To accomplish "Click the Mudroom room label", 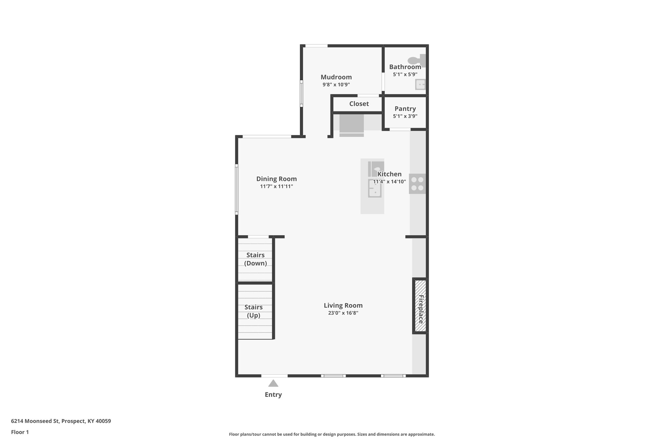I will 336,77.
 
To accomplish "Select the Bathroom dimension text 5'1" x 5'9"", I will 405,74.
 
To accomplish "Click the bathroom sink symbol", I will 420,85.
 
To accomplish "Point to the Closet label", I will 359,104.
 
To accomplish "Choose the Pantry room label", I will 405,109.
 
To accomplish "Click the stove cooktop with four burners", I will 417,184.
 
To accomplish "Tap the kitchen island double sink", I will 374,188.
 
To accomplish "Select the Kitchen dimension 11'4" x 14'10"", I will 389,182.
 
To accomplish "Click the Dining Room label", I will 277,179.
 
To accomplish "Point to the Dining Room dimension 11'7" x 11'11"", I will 277,187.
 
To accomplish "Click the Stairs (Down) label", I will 255,259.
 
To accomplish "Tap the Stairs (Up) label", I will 254,311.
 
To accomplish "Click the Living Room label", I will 343,305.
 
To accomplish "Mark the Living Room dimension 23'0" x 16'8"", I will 343,313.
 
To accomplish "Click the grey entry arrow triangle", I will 273,383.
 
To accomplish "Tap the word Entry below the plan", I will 273,395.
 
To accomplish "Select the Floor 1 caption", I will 20,432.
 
